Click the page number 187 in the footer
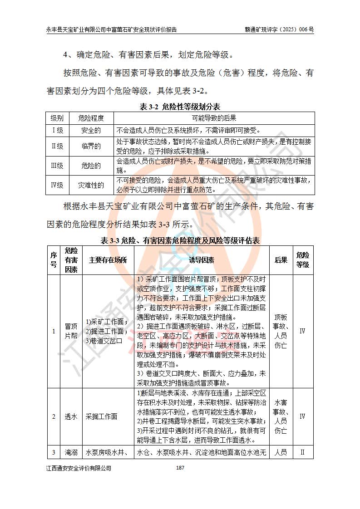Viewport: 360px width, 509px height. click(x=179, y=468)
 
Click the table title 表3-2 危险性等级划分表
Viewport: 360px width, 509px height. click(x=179, y=107)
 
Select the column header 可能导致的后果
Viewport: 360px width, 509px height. click(x=214, y=118)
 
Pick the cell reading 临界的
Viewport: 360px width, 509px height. click(x=91, y=146)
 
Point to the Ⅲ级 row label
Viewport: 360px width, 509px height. click(x=57, y=166)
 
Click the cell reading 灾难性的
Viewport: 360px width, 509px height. click(x=91, y=185)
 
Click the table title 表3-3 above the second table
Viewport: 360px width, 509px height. click(x=179, y=240)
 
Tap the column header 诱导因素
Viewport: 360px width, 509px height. click(x=202, y=260)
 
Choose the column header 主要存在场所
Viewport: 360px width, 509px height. click(x=108, y=260)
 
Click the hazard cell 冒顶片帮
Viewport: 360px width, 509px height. click(x=71, y=331)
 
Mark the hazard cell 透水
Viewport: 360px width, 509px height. click(x=71, y=416)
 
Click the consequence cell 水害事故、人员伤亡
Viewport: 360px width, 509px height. click(x=281, y=416)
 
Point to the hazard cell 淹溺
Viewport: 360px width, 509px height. click(x=71, y=452)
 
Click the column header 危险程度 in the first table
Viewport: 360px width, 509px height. click(x=91, y=118)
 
